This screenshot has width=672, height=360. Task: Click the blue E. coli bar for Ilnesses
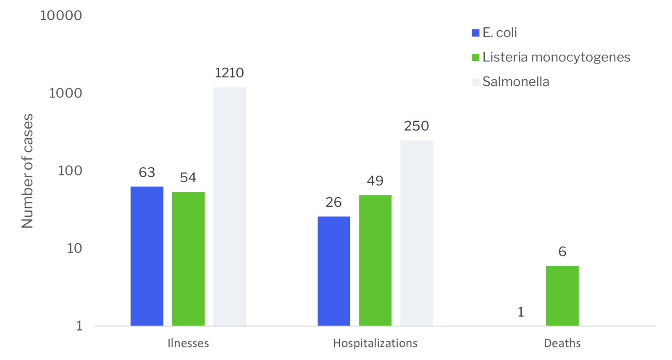pyautogui.click(x=147, y=256)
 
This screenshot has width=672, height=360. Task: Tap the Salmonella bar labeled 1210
pyautogui.click(x=229, y=206)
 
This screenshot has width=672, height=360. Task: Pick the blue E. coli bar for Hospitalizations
pyautogui.click(x=333, y=271)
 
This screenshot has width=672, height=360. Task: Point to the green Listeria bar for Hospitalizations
pyautogui.click(x=375, y=260)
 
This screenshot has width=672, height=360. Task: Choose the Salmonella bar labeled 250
pyautogui.click(x=416, y=233)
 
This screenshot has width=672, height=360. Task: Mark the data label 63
pyautogui.click(x=147, y=172)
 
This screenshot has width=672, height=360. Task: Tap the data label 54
pyautogui.click(x=188, y=178)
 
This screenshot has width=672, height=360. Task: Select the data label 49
pyautogui.click(x=375, y=181)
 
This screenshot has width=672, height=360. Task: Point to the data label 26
pyautogui.click(x=333, y=202)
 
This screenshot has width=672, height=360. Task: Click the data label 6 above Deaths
pyautogui.click(x=562, y=252)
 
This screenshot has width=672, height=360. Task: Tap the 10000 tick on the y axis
pyautogui.click(x=61, y=16)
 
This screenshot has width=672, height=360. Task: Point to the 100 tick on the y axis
pyautogui.click(x=70, y=171)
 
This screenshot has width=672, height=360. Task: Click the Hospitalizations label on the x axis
pyautogui.click(x=375, y=343)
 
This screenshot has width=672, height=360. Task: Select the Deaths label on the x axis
pyautogui.click(x=562, y=343)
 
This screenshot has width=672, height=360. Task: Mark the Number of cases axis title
pyautogui.click(x=27, y=171)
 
